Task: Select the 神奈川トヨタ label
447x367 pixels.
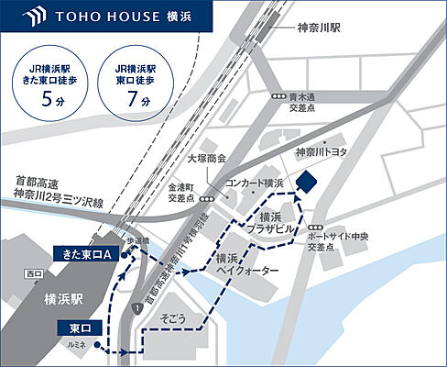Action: [322, 151]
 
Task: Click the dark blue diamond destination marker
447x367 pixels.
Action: [306, 181]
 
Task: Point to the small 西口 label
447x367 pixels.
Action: [34, 273]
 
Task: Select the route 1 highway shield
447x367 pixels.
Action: [137, 309]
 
